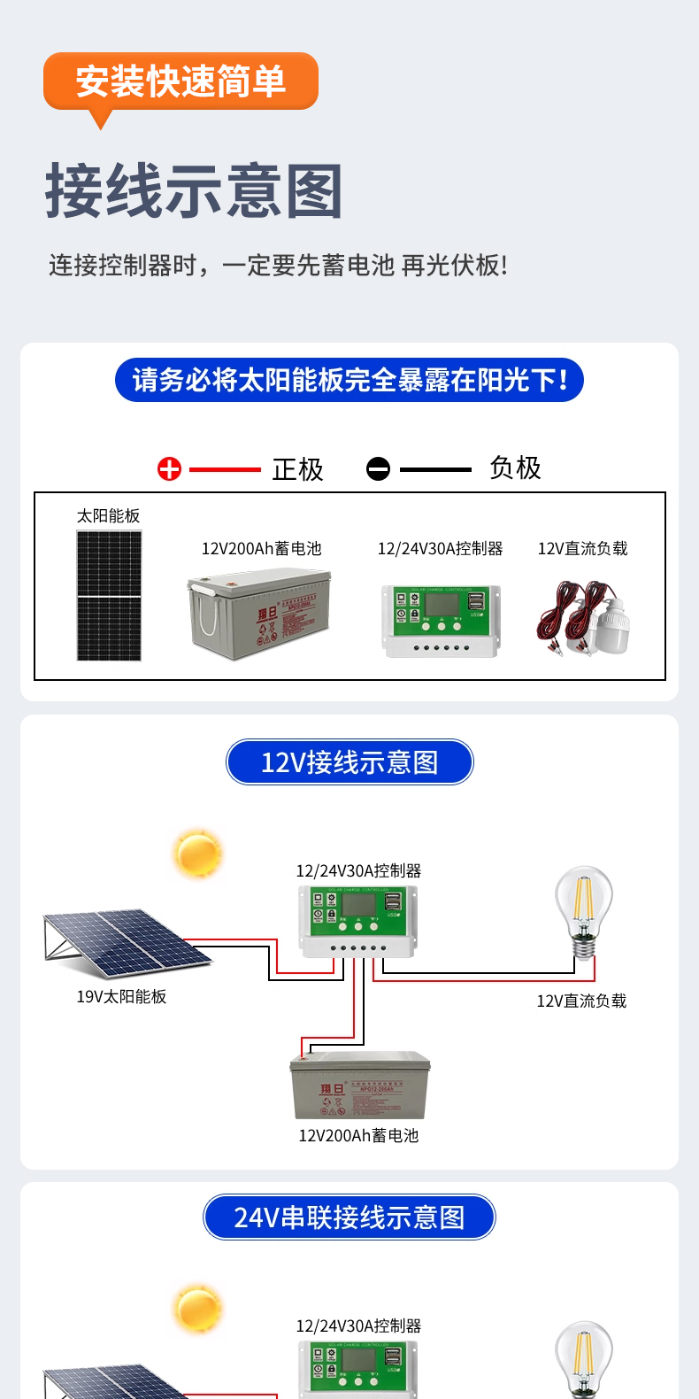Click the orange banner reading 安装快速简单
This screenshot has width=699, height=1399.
pos(181,81)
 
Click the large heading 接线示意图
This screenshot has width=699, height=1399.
pos(194,191)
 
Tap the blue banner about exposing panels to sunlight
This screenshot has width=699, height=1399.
pos(349,380)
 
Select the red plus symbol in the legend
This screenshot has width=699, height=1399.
pos(169,469)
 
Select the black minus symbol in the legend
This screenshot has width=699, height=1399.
pos(378,469)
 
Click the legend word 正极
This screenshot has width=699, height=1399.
pos(298,469)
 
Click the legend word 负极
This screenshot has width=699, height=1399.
pos(515,468)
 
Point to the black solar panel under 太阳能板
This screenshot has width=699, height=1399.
pos(109,595)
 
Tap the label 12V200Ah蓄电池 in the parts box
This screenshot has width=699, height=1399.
pos(261,549)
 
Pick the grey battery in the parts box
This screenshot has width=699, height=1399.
pos(259,614)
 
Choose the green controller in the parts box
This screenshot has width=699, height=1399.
pos(441,620)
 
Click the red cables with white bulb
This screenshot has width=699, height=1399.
pos(584,618)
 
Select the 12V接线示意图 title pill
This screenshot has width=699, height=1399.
pos(349,762)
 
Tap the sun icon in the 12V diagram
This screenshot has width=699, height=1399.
pos(198,854)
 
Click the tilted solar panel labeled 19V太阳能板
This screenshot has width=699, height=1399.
pos(124,943)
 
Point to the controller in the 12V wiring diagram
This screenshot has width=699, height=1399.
pos(358,921)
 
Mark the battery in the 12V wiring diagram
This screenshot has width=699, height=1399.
pos(360,1086)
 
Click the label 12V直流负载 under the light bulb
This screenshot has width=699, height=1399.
pos(581,1001)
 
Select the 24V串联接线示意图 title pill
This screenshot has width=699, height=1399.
pos(349,1217)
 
